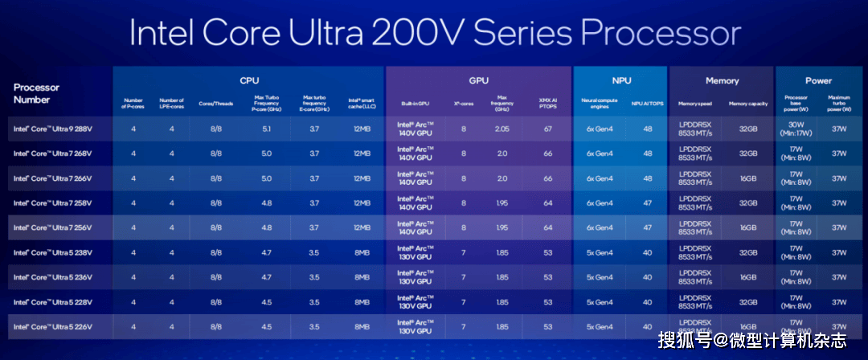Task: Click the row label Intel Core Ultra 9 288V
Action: click(52, 129)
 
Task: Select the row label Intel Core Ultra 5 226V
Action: click(52, 327)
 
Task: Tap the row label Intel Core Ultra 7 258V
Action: click(52, 202)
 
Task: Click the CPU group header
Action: click(249, 80)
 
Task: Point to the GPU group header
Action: click(479, 80)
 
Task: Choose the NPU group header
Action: click(620, 80)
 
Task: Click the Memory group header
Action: click(722, 80)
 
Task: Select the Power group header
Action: click(818, 80)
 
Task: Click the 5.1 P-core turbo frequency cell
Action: click(266, 129)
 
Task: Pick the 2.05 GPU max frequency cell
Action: click(502, 129)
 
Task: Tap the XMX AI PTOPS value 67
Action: click(548, 129)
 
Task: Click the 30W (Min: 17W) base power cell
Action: click(796, 129)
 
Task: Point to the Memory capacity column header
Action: click(748, 104)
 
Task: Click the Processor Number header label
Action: click(36, 93)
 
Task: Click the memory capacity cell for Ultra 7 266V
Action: click(748, 178)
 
